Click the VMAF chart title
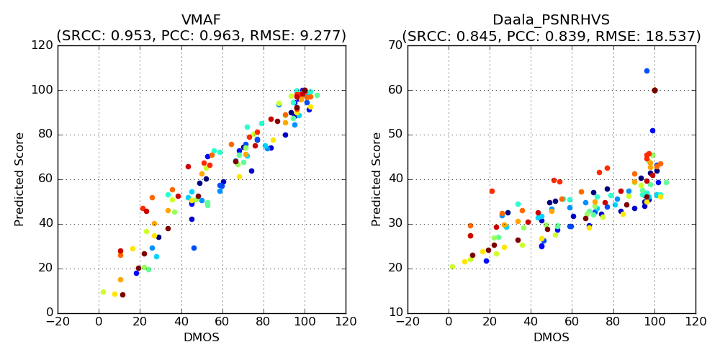pos(201,20)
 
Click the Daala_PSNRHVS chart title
pos(551,20)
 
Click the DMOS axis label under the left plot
pos(202,338)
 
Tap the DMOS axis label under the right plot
pos(552,338)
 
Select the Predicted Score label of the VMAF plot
pos(20,179)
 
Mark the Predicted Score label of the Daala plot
pos(377,179)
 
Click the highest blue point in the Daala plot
pos(647,71)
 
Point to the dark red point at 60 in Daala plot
pos(654,90)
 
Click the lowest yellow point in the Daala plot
pos(452,266)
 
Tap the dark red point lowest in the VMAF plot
pos(122,294)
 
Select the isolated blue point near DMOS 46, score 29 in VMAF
pos(194,248)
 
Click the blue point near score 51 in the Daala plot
pos(652,130)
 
